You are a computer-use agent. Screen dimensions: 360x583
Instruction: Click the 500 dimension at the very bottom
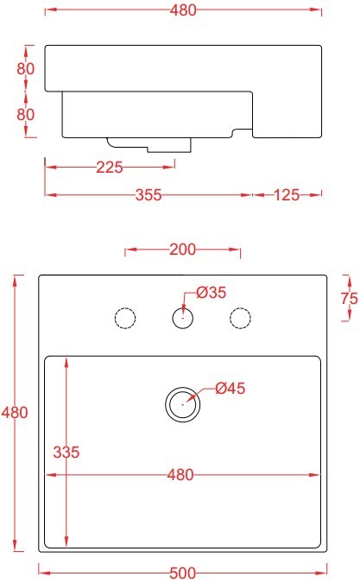[x=182, y=573]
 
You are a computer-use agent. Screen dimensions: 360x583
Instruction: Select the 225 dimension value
[x=110, y=168]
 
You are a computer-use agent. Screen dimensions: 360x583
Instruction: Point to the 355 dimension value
[x=148, y=195]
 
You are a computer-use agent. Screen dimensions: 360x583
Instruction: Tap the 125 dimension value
[x=287, y=195]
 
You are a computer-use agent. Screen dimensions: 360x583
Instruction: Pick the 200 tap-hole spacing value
[x=182, y=250]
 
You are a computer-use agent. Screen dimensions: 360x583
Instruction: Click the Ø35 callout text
[x=211, y=293]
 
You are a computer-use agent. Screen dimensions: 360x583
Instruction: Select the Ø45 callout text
[x=230, y=388]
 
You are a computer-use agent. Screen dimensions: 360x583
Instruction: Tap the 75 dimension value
[x=350, y=298]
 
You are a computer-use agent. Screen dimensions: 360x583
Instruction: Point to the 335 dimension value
[x=66, y=452]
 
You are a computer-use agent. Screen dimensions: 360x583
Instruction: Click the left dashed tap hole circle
[x=125, y=308]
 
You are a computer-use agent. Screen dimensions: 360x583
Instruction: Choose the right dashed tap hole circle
[x=240, y=308]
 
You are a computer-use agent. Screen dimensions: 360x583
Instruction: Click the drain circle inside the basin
[x=183, y=388]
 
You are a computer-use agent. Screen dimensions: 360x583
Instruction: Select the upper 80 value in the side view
[x=26, y=68]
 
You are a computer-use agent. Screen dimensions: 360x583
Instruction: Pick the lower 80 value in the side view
[x=26, y=114]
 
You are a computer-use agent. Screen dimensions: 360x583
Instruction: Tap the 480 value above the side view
[x=183, y=10]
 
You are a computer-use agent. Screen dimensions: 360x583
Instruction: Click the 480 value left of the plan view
[x=15, y=412]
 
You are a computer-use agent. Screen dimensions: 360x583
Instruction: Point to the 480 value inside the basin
[x=180, y=475]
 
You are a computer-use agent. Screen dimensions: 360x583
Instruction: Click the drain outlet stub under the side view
[x=149, y=145]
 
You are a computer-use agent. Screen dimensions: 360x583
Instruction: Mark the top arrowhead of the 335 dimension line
[x=66, y=362]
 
